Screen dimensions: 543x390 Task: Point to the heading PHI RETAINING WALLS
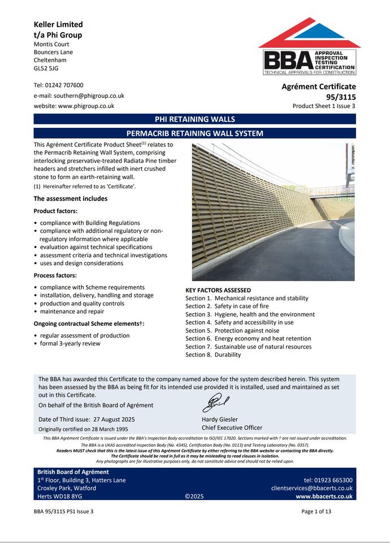194,119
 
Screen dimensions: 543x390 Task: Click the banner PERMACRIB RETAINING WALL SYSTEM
194,133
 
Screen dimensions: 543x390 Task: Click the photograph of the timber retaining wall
273,212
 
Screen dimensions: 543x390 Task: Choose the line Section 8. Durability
213,355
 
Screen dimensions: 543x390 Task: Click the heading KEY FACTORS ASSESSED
218,290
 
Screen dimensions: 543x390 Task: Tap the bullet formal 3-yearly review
70,343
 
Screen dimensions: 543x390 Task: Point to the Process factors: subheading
55,275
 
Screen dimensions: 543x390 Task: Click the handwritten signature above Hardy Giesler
215,403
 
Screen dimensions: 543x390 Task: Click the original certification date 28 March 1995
105,429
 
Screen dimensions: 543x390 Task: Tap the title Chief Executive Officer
232,428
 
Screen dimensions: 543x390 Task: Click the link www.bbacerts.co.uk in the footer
324,497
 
